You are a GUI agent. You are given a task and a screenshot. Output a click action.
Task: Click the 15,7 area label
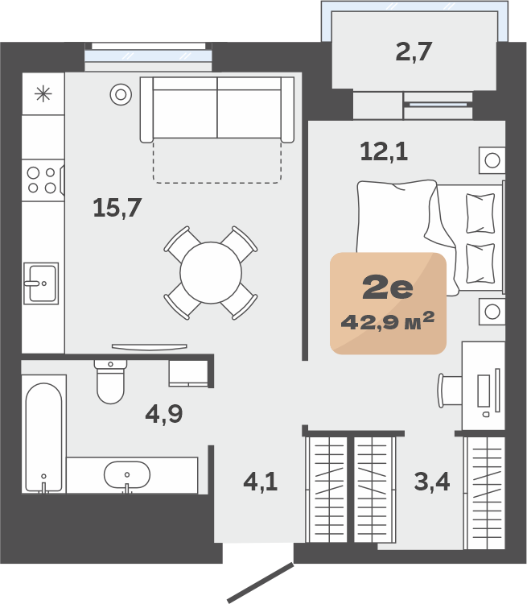coord(117,208)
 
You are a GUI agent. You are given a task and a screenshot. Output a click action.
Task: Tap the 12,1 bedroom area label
coord(384,151)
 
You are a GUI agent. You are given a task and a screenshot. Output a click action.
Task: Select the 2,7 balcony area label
coord(414,52)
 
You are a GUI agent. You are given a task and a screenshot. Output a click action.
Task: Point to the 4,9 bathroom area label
coord(164,414)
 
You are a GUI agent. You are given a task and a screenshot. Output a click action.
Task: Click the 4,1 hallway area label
coord(261,482)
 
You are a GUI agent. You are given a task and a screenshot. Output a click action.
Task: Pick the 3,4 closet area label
coord(432,482)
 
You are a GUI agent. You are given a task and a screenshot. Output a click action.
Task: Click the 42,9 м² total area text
coord(388,321)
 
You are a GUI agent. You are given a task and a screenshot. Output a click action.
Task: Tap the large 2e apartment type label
coord(388,288)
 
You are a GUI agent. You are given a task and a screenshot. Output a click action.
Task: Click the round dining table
coord(211,273)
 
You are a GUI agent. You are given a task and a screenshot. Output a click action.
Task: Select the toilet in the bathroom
coord(110,381)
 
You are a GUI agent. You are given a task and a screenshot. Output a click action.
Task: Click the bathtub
coord(43,437)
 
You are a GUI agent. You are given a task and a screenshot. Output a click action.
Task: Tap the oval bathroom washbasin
coord(127,475)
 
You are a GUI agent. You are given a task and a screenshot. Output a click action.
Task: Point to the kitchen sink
coord(41,283)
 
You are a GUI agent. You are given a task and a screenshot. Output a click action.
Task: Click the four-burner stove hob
coord(43,180)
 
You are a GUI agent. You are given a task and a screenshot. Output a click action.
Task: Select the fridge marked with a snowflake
coord(43,93)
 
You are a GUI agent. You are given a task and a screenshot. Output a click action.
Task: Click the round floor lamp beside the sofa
coord(121,94)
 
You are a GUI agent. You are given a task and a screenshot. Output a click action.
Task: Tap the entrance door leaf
coord(260,582)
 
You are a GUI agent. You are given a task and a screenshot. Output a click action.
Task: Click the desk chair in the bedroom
coord(449,391)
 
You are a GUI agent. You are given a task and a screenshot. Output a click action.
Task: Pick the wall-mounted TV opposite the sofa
coord(150,347)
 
